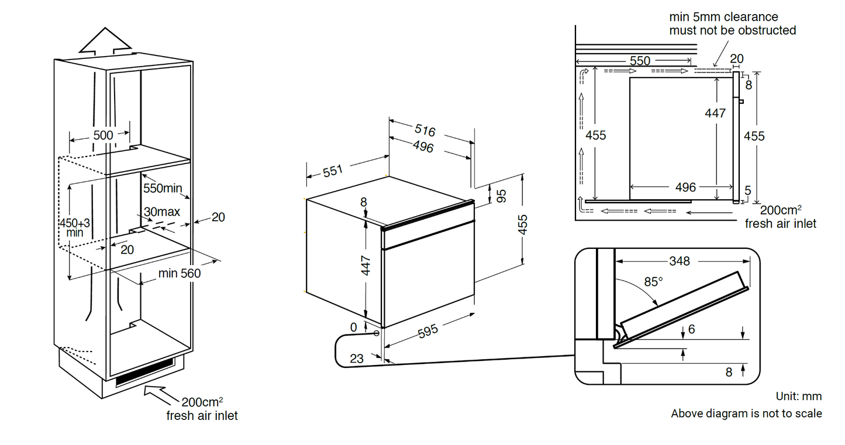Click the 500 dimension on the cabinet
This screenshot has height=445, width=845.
pos(103,135)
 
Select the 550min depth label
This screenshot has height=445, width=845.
pos(163,188)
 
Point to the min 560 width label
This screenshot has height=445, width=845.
pos(179,273)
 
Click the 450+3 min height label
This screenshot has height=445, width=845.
pos(74,227)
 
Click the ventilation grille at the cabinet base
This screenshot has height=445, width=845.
pos(144,372)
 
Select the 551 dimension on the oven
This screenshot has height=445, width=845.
pos(332,171)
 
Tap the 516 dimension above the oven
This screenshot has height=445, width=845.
pos(425,130)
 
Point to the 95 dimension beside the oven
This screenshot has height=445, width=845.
pos(501,196)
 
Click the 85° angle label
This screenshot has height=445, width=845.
pos(653,281)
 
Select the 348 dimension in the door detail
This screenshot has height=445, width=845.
pos(680,261)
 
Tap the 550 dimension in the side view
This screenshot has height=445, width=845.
pos(640,61)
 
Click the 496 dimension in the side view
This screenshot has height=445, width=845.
pos(685,187)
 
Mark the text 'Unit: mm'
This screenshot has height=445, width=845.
pos(799,397)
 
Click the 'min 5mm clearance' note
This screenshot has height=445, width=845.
pos(732,23)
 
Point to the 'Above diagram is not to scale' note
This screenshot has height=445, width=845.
pos(746,413)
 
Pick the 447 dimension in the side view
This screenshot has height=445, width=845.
pos(715,113)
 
